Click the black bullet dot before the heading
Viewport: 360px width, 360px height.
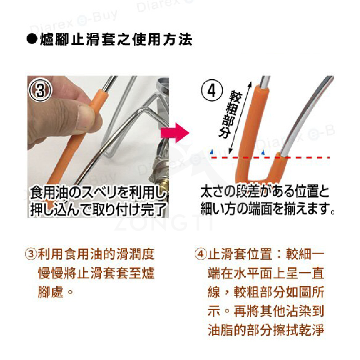tap(31, 39)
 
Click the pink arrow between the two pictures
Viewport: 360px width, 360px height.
tap(175, 133)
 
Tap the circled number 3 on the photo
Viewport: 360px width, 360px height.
tap(40, 90)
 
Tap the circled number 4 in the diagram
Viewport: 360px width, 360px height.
tap(211, 90)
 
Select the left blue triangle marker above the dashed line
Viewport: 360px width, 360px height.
tap(212, 152)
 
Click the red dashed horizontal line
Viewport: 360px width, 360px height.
tap(270, 158)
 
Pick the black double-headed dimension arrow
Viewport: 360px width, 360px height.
tap(240, 118)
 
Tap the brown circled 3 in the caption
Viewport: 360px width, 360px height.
tap(31, 254)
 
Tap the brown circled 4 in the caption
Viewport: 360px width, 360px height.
tap(200, 254)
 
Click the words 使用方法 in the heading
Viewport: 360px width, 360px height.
tap(162, 40)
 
